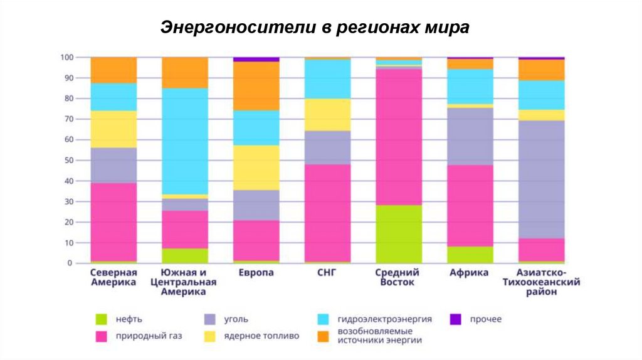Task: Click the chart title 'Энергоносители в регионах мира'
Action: coord(315,28)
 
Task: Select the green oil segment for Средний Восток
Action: coord(399,234)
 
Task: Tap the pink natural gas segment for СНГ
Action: coord(327,213)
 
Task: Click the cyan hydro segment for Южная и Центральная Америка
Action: coord(185,141)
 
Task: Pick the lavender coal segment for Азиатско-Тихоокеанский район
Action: coord(541,179)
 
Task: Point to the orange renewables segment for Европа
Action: coord(256,86)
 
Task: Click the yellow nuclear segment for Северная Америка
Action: coord(113,129)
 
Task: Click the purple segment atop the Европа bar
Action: coord(256,60)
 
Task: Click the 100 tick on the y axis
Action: coord(66,58)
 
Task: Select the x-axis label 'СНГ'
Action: coord(327,273)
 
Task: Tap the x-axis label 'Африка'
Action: coord(470,273)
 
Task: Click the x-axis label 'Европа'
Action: coord(256,273)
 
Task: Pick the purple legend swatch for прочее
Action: coord(455,319)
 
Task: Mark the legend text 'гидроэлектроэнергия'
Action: coord(384,319)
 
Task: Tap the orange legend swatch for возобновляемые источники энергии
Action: coord(324,336)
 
